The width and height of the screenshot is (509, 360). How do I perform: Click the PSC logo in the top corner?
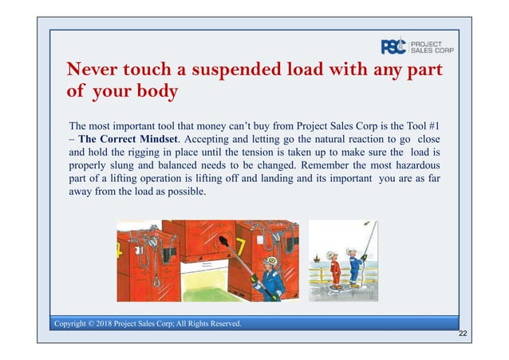coord(393,46)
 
